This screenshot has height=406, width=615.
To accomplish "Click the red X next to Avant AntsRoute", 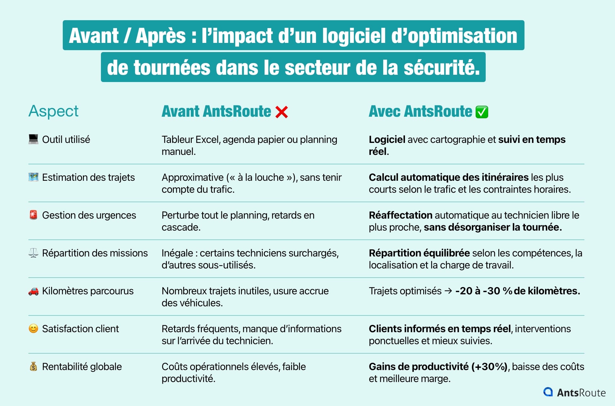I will tap(281, 112).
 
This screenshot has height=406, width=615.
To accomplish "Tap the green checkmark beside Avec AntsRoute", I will tap(482, 112).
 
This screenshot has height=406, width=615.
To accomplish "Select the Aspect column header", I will tap(53, 111).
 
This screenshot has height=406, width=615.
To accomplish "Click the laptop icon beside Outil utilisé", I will tap(33, 139).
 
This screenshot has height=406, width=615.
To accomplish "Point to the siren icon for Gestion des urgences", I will tap(33, 215).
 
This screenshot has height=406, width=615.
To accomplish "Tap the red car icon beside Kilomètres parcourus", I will tap(33, 291).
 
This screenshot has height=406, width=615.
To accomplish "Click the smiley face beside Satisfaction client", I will tap(33, 329).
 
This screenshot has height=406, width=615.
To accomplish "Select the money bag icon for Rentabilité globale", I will tap(33, 367).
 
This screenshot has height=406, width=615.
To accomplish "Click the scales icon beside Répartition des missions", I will tap(33, 253).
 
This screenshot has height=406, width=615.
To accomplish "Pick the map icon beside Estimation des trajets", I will tap(33, 177).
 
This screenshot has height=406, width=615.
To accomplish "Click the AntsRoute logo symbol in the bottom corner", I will tap(548, 392).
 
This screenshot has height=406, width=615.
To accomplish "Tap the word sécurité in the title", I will tap(442, 68).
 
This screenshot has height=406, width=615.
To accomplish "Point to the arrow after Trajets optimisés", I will tap(448, 291).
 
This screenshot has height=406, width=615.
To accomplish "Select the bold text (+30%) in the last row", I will tap(489, 367).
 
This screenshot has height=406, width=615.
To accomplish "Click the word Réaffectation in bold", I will tap(401, 215).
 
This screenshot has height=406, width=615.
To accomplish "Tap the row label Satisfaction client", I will tap(80, 329).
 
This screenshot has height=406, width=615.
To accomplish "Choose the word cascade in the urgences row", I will tap(181, 227).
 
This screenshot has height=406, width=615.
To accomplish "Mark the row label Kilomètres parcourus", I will tap(88, 291).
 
